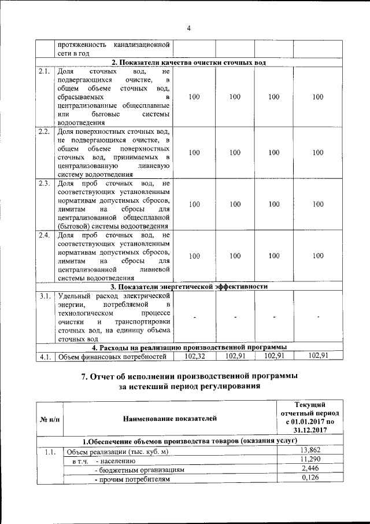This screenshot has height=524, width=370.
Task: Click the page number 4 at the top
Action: click(188, 30)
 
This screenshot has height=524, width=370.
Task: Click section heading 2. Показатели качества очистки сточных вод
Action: click(188, 63)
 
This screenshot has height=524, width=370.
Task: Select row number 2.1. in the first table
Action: click(44, 71)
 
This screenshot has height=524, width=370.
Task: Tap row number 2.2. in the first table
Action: click(44, 131)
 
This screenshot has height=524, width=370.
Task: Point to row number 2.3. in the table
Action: click(44, 184)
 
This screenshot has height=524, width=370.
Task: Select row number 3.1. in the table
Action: click(44, 296)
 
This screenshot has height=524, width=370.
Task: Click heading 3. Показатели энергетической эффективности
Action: click(188, 287)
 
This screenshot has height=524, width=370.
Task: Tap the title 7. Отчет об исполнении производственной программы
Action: click(188, 376)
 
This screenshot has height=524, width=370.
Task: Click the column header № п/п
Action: click(49, 417)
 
